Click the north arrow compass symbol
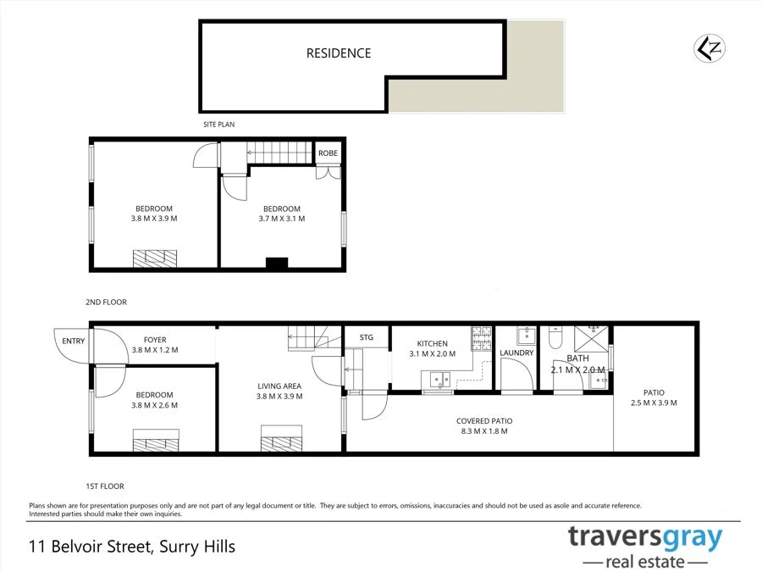(x=709, y=48)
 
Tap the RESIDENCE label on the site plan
(x=339, y=53)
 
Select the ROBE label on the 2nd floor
(x=328, y=153)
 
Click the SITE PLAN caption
(x=218, y=125)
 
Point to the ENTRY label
(x=74, y=341)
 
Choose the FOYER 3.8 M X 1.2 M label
(x=155, y=345)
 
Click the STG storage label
(x=367, y=337)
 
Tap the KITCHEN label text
(x=432, y=343)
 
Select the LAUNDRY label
(x=516, y=353)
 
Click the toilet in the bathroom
(x=555, y=336)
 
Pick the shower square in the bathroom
(x=591, y=338)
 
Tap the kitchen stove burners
(x=481, y=338)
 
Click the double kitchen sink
(x=439, y=380)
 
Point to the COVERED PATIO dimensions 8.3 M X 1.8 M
(x=484, y=431)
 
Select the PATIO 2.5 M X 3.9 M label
(x=654, y=397)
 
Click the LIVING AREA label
(x=279, y=386)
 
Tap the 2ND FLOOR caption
(x=106, y=302)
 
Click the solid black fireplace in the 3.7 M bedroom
(x=277, y=264)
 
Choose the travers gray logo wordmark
(x=645, y=537)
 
